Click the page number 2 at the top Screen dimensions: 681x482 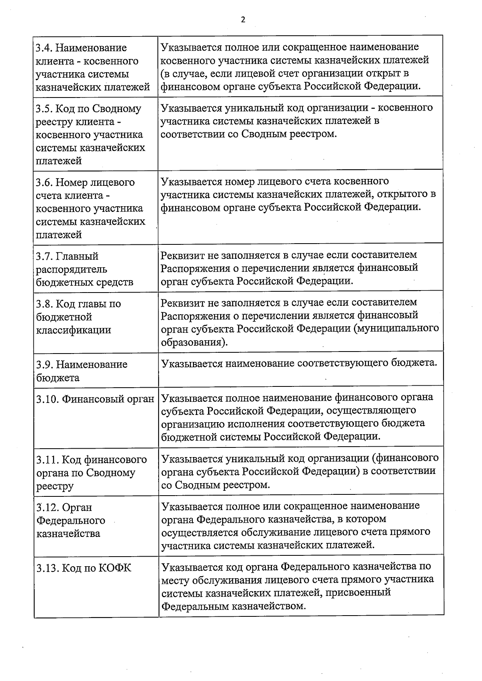[x=243, y=20]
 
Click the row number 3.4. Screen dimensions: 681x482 [x=43, y=48]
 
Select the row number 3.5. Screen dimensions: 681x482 [x=43, y=109]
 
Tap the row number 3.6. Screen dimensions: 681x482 [x=43, y=183]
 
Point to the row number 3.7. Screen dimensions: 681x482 [x=43, y=256]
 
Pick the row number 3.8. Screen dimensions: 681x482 [x=43, y=304]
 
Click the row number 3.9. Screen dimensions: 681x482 [x=43, y=365]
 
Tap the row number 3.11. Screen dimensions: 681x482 [x=47, y=459]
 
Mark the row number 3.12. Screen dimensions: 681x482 [x=47, y=508]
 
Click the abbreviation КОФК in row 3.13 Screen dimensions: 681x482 [x=114, y=568]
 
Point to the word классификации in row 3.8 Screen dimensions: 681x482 [x=74, y=330]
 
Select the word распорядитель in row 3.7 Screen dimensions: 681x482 [x=71, y=269]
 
